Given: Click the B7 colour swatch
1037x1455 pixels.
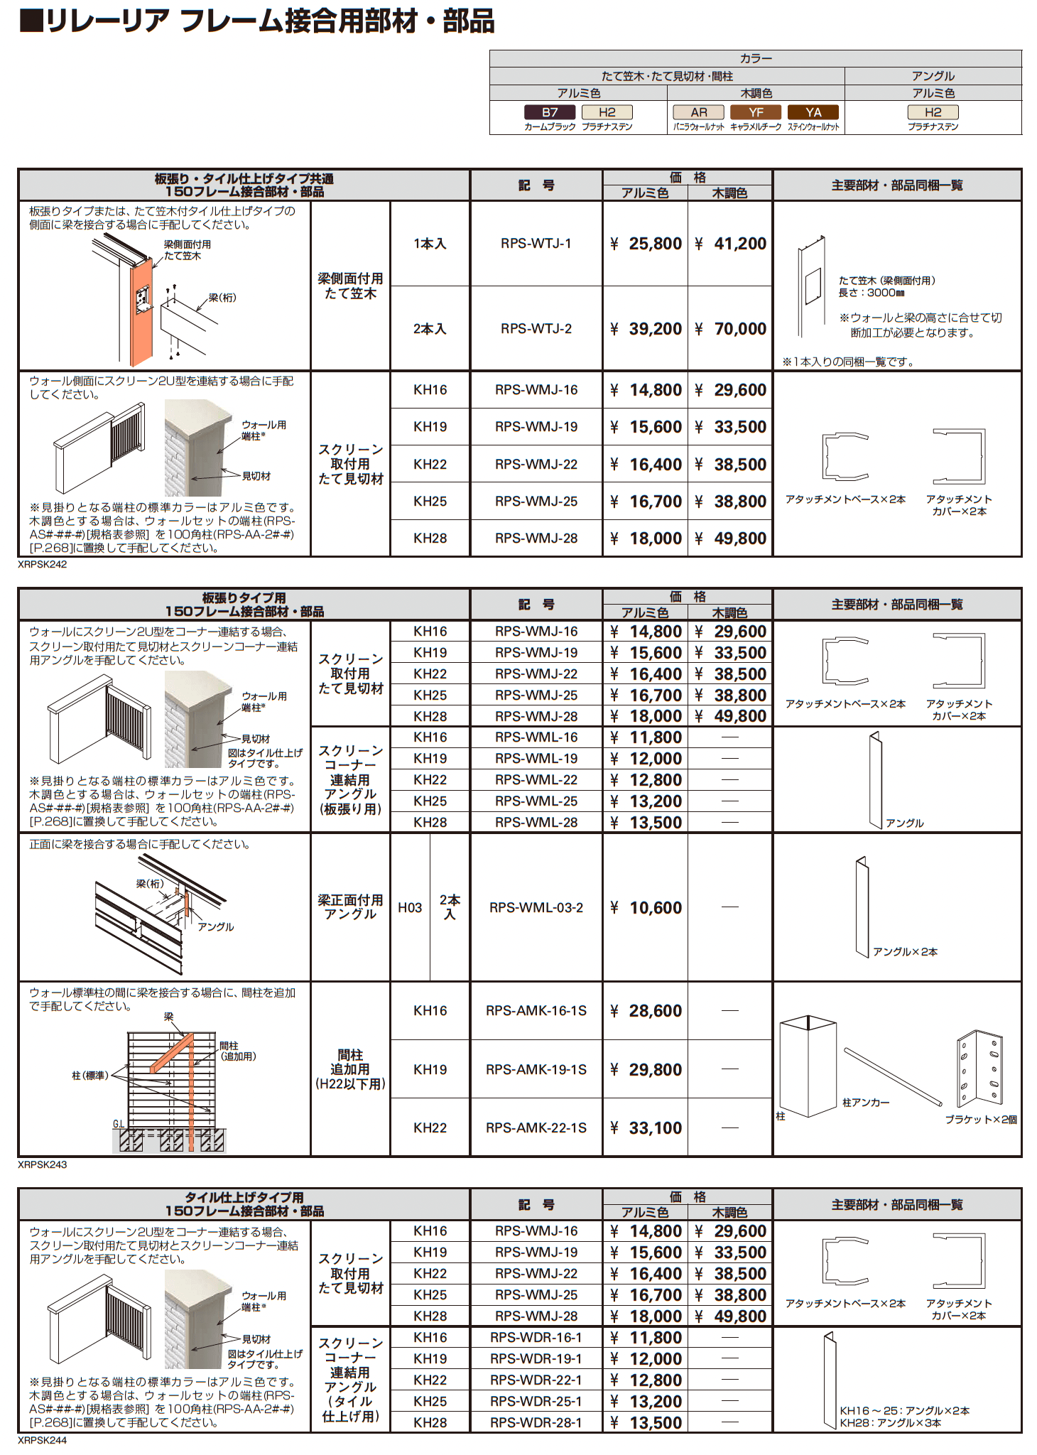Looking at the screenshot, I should (x=549, y=112).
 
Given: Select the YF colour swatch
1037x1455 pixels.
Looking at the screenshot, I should (x=756, y=112).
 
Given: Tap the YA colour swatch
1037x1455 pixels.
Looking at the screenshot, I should (x=813, y=112).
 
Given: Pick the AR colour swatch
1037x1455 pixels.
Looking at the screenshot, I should (x=699, y=112).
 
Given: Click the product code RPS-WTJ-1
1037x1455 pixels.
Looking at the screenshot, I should (x=536, y=244).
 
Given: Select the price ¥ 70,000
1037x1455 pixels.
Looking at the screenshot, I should (x=731, y=329).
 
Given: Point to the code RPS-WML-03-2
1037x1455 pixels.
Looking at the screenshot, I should (x=536, y=908).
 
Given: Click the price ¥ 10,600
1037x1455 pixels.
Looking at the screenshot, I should (x=646, y=908).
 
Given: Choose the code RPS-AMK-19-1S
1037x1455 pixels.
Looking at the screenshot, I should (x=536, y=1070).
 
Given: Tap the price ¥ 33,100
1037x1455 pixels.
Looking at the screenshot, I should (x=646, y=1128).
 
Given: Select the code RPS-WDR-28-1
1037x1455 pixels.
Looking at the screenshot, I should (x=536, y=1423).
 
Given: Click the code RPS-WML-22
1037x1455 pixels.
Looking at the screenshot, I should (x=536, y=780).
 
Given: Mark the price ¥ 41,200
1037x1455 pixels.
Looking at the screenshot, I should (x=731, y=244).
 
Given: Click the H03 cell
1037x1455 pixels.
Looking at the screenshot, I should (x=410, y=908).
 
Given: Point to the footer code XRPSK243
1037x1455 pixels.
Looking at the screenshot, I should (x=43, y=1165).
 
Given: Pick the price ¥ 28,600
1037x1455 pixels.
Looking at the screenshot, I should (x=646, y=1011).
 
